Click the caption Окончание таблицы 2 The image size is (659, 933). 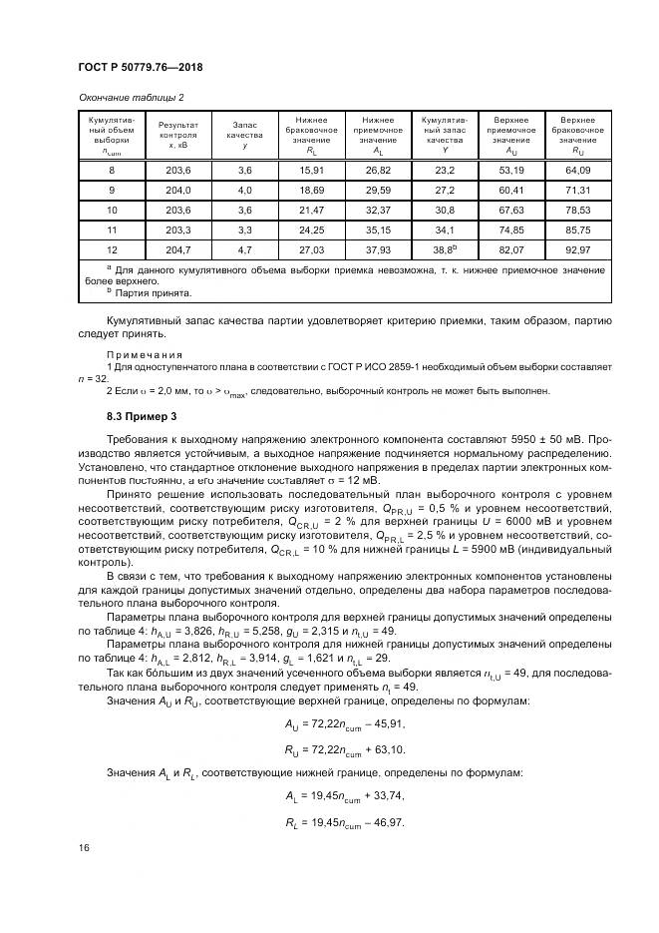click(x=131, y=97)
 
